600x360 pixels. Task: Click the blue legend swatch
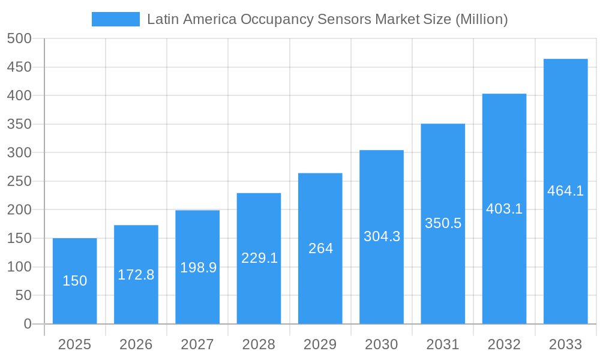[x=115, y=19]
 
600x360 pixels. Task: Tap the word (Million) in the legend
[x=481, y=19]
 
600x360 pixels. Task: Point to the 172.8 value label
[x=136, y=275]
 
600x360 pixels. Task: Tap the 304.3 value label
[x=382, y=236]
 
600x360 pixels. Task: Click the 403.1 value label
[x=504, y=209]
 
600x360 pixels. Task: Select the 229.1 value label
[x=259, y=258]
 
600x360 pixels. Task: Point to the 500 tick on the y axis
[x=19, y=38]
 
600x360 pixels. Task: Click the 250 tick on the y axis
[x=19, y=181]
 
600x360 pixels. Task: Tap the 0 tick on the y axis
[x=28, y=324]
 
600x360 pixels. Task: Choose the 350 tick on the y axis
[x=19, y=124]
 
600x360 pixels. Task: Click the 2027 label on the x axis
[x=197, y=344]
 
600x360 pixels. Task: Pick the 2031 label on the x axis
[x=443, y=344]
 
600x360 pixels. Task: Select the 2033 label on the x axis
[x=565, y=344]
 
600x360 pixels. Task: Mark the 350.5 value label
[x=443, y=223]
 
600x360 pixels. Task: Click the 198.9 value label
[x=197, y=268]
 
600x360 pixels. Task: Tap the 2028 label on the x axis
[x=259, y=344]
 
